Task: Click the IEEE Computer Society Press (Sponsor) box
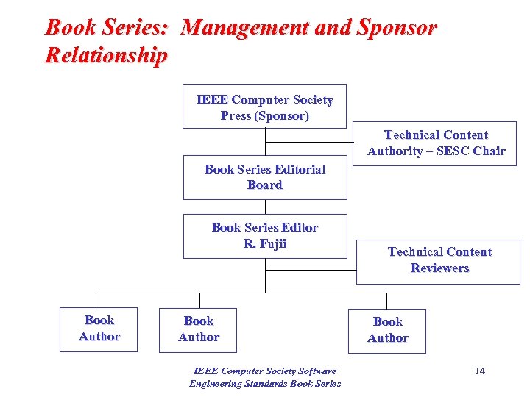264,107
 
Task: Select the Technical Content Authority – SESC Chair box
437,143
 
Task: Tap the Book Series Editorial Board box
264,177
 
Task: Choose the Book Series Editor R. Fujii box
264,236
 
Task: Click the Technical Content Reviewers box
439,261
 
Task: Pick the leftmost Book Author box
99,329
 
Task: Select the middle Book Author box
198,329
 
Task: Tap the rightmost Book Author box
387,330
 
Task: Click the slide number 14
479,371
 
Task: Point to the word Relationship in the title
106,55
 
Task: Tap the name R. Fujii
264,244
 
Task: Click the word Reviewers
439,268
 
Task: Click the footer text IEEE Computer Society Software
265,371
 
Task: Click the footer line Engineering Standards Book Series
265,383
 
